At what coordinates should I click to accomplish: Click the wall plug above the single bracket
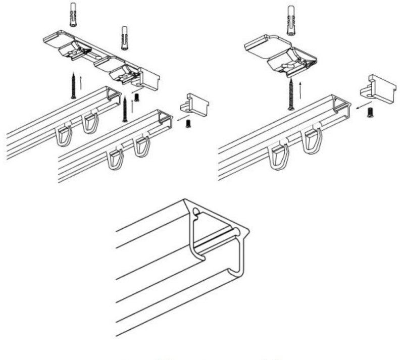291,20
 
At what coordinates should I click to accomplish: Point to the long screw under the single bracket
291,95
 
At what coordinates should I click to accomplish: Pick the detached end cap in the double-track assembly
195,105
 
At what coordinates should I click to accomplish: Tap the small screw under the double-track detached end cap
188,123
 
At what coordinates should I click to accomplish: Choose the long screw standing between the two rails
125,109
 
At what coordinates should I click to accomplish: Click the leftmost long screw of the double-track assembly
74,85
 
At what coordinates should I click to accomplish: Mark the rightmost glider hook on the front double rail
143,146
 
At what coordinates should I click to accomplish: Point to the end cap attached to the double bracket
148,79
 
